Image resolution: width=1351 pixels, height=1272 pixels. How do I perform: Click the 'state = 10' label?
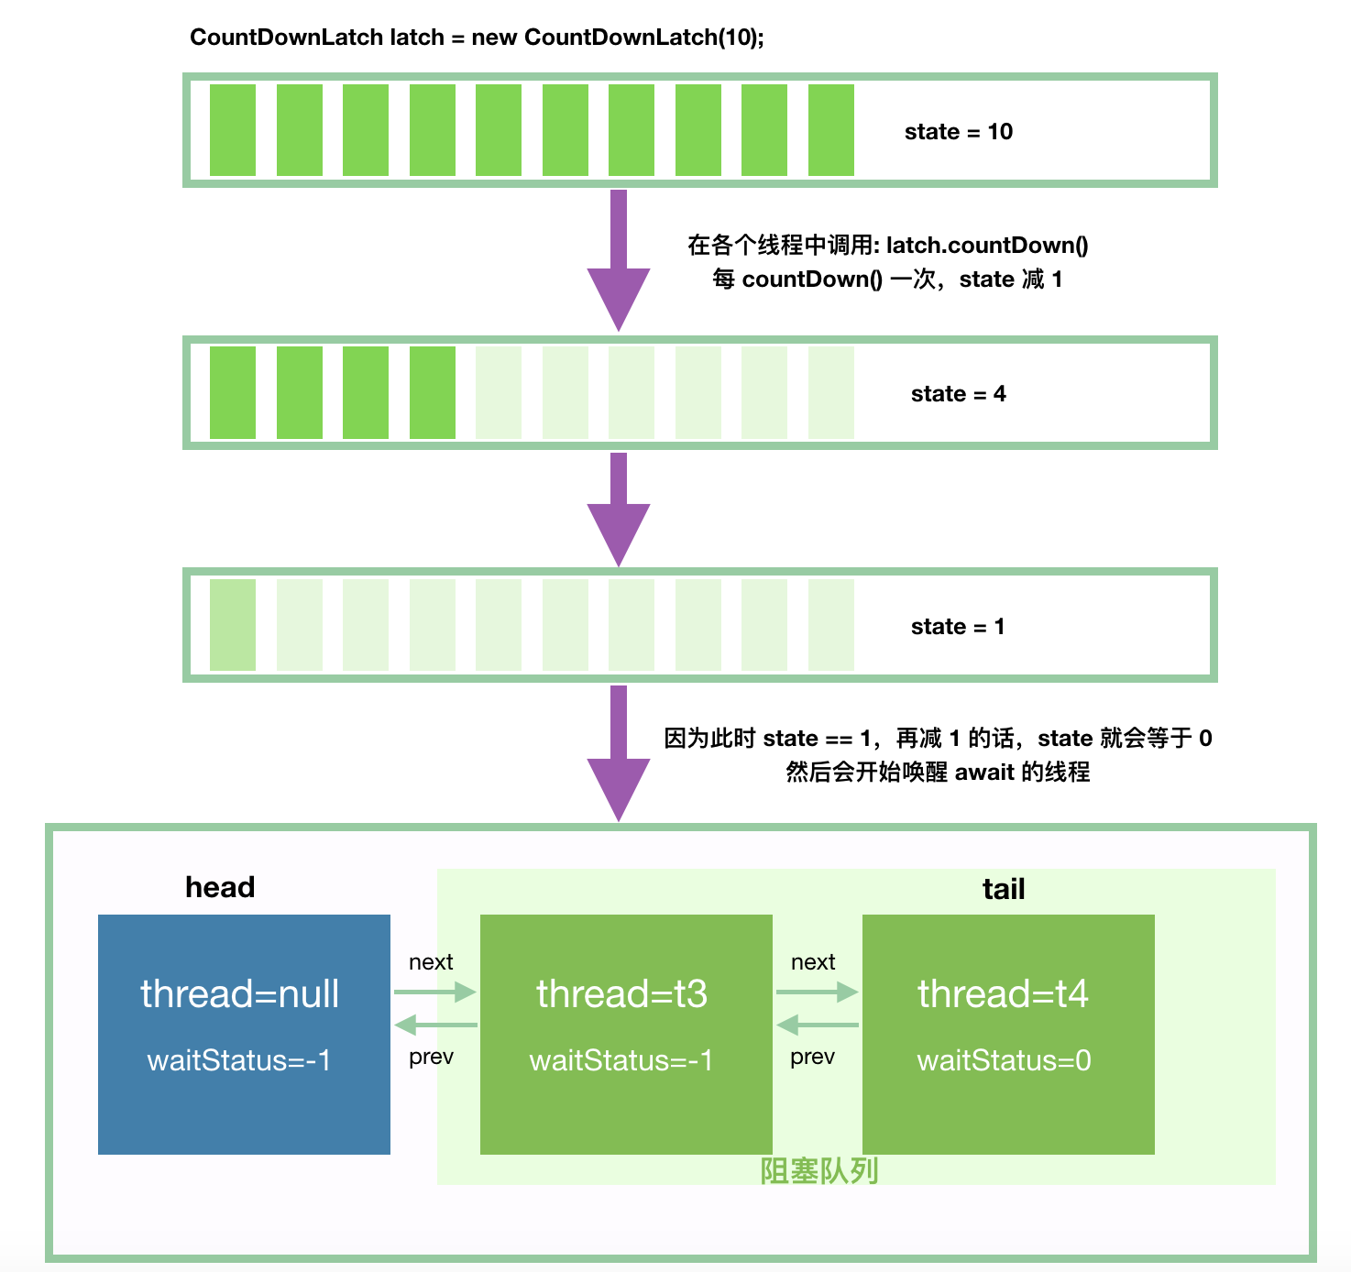[x=958, y=132]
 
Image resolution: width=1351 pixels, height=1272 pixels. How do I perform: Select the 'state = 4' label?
[x=958, y=394]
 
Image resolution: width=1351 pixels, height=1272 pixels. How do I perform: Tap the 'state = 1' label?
[x=957, y=627]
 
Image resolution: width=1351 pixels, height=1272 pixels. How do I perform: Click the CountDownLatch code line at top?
[x=477, y=38]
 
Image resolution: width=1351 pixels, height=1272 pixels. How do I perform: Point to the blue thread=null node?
[x=244, y=1034]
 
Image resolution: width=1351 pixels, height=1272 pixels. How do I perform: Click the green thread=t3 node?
[x=626, y=1034]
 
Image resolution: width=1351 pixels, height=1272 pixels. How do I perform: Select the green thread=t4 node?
[x=1007, y=1034]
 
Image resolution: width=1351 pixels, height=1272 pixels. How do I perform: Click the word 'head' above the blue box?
[x=220, y=887]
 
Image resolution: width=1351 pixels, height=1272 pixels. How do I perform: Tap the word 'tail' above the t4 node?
[x=1003, y=889]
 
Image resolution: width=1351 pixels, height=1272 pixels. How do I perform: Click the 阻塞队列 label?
[x=819, y=1170]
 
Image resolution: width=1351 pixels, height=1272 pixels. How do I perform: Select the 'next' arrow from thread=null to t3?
[x=435, y=992]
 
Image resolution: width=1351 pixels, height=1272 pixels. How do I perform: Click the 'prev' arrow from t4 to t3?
[x=817, y=1025]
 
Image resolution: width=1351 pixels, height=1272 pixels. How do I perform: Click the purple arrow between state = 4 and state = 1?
[x=619, y=509]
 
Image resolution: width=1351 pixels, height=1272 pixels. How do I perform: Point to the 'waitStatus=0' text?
[x=1004, y=1060]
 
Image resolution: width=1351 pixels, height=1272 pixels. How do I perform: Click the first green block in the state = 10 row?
[x=233, y=130]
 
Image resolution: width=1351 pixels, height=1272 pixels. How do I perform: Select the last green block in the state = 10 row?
[x=830, y=130]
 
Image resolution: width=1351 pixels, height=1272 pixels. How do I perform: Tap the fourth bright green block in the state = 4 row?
[x=432, y=392]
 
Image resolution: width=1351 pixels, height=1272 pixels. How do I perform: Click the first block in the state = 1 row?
[x=233, y=625]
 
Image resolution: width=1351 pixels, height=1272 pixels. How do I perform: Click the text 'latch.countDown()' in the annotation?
[x=987, y=246]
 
